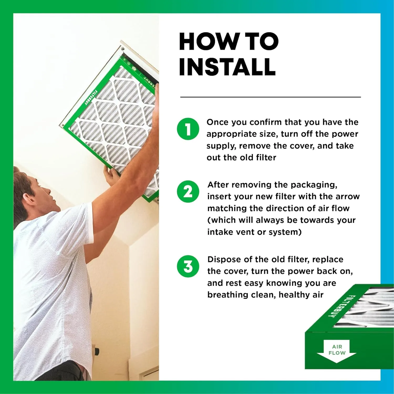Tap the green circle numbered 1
click(188, 129)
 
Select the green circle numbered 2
click(188, 191)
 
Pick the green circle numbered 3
click(188, 266)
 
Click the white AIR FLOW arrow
click(337, 351)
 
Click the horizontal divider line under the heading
click(270, 97)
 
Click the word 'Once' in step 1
click(217, 122)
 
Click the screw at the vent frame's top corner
click(122, 49)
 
